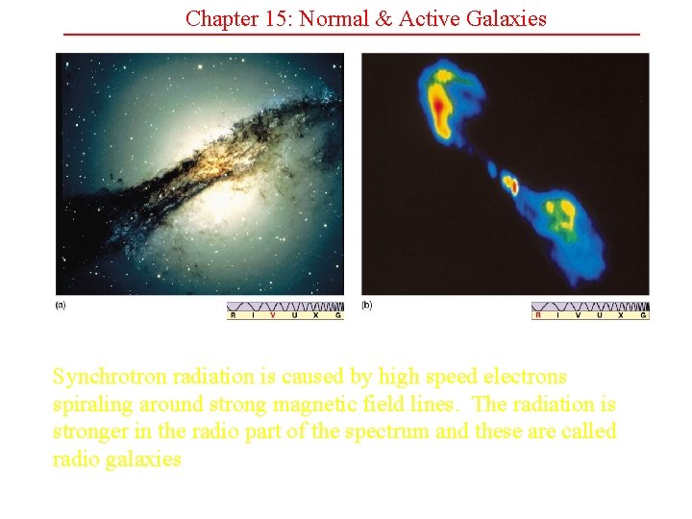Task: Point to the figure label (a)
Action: point(61,306)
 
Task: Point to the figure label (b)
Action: point(366,306)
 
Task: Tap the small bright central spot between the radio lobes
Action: point(512,185)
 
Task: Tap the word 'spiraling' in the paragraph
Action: point(93,405)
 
